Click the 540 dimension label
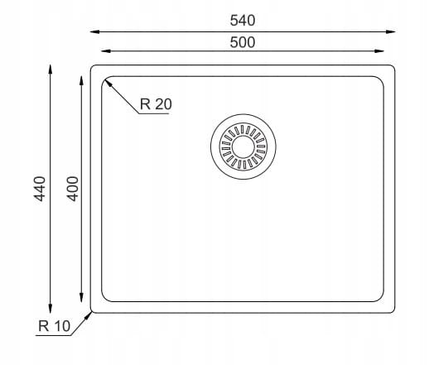[243, 21]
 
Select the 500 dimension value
[243, 42]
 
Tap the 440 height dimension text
[40, 189]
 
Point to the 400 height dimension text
[73, 189]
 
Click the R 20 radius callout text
[156, 104]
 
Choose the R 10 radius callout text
[55, 326]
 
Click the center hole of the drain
[243, 146]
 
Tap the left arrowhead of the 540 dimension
[95, 31]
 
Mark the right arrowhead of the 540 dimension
[391, 31]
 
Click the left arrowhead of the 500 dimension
[106, 51]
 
